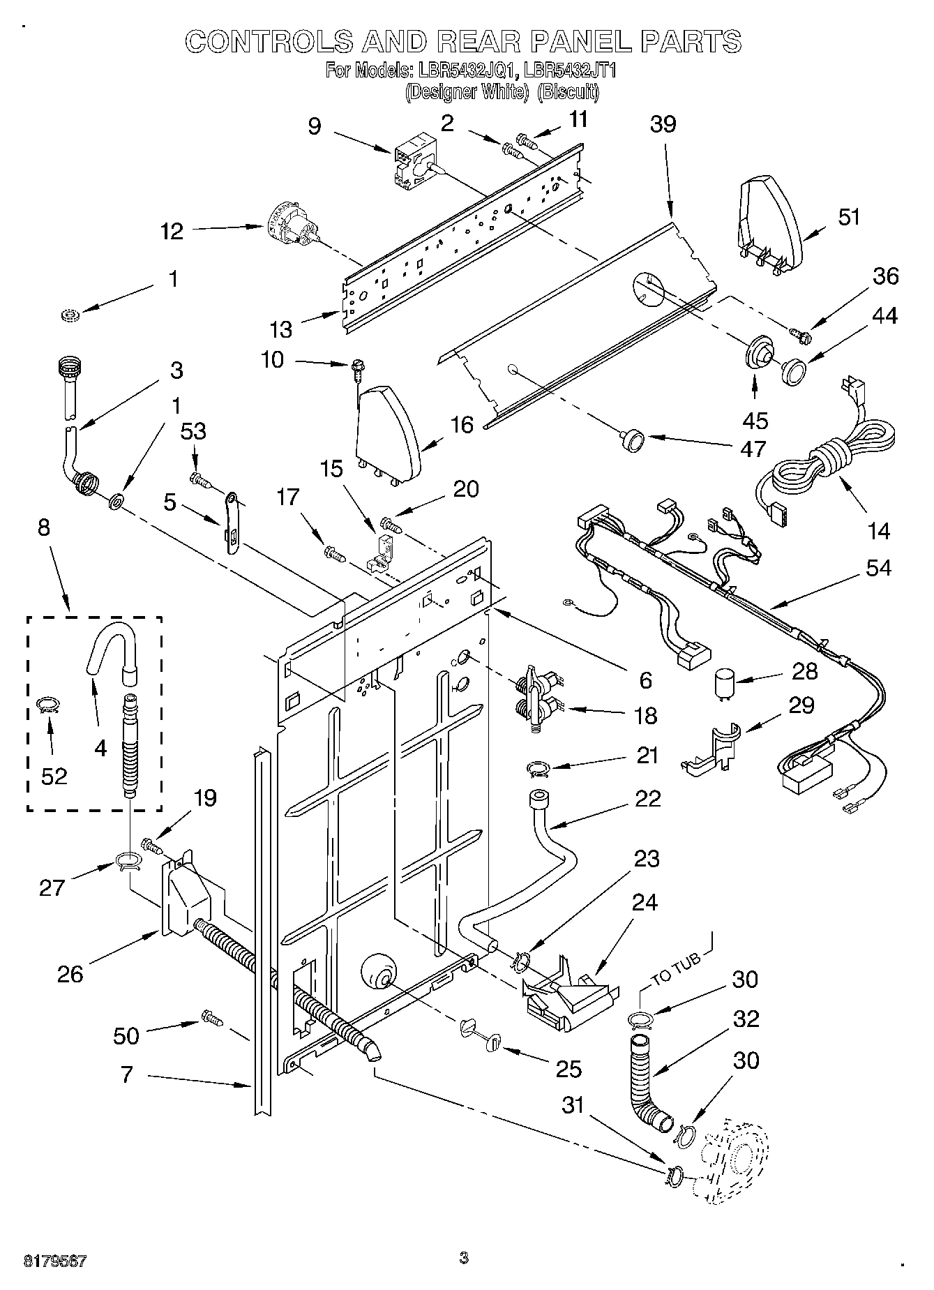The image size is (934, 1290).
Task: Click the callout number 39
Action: [663, 124]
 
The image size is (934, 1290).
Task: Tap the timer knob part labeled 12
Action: [293, 228]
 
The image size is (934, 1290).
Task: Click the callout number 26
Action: [70, 974]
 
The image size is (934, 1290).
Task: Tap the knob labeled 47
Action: [633, 441]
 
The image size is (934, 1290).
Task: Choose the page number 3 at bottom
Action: [464, 1259]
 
